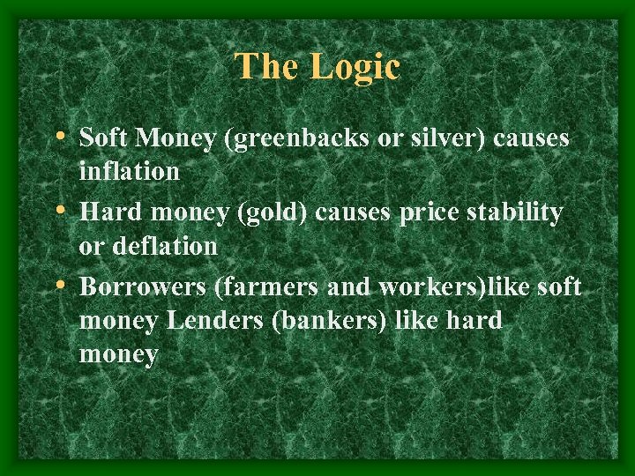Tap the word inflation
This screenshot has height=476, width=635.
(129, 171)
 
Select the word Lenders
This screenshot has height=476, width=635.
(212, 321)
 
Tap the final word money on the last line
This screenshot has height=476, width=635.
(118, 354)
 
